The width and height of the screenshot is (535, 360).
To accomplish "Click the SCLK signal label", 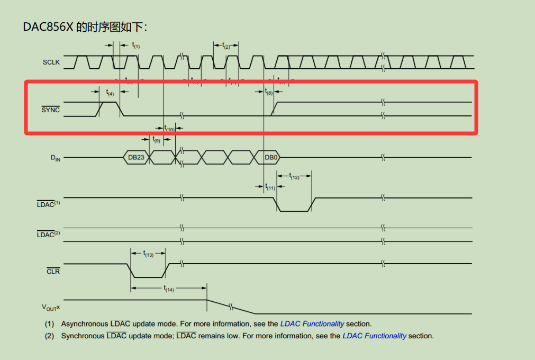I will (51, 62).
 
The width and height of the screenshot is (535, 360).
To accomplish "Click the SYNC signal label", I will (51, 110).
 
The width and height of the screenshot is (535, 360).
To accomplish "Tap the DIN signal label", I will (55, 158).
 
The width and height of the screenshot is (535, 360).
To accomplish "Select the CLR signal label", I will (53, 271).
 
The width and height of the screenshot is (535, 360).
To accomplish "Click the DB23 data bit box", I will (136, 157).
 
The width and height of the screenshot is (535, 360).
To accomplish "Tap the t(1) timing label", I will (135, 46).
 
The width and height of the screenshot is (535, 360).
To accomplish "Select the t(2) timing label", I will (226, 46).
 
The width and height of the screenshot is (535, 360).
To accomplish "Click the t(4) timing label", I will (110, 93).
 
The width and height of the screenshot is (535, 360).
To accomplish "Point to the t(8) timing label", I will (269, 92).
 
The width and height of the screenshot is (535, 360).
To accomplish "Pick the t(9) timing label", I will (156, 140).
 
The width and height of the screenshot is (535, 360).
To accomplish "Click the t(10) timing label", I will (169, 128).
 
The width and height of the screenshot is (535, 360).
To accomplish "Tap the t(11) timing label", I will (270, 187).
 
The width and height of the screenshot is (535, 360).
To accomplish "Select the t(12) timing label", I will (294, 176).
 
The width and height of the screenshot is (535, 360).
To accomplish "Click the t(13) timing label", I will (148, 254).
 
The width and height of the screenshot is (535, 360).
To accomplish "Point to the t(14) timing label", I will (168, 289).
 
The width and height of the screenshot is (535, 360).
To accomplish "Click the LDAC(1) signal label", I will (49, 204).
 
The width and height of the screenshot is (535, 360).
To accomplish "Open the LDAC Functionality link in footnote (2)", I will (374, 336).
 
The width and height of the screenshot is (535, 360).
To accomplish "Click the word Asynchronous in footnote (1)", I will (84, 323).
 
